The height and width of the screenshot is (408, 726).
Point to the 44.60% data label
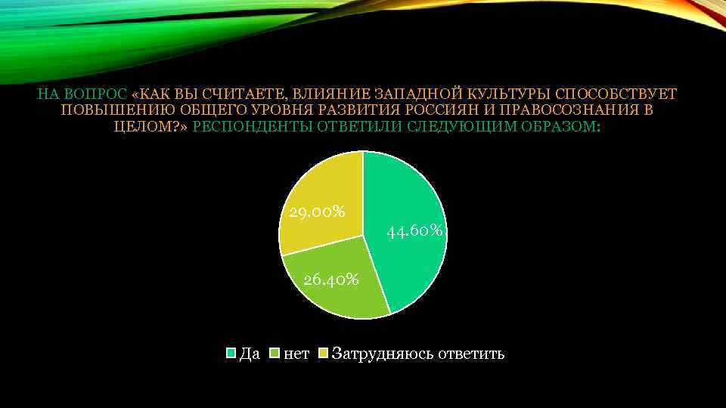point(414,230)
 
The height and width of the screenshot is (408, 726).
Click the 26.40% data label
point(330,280)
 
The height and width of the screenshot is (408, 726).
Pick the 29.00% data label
point(317,212)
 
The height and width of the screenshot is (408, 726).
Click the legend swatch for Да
point(232,354)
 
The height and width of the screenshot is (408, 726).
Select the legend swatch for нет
point(275,354)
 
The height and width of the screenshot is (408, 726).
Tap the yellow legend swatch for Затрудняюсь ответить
point(324,354)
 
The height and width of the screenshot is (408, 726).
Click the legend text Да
point(250,354)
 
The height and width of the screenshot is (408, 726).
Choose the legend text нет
point(296,354)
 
